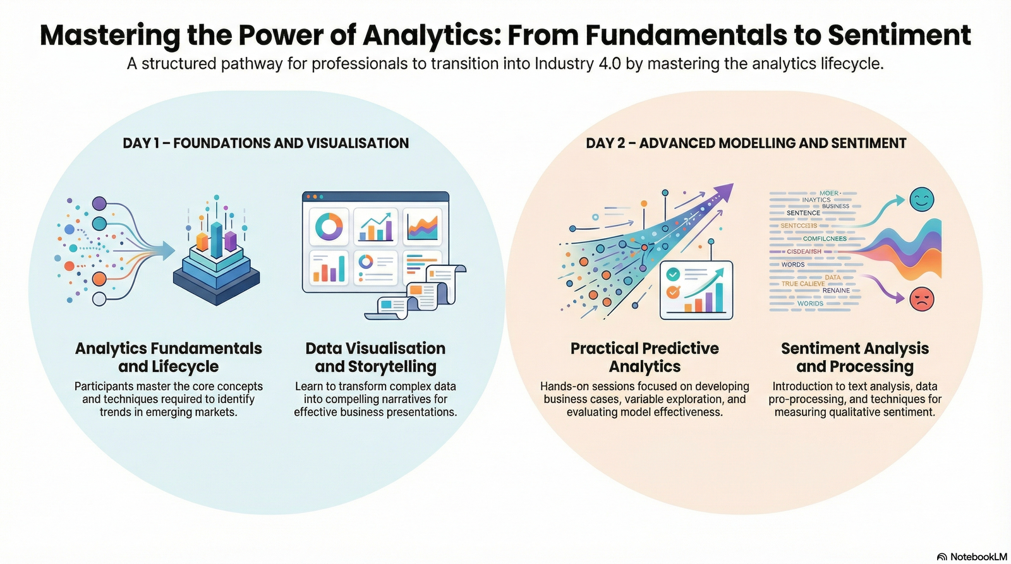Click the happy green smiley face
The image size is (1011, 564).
point(921,200)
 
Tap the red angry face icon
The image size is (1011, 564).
point(921,298)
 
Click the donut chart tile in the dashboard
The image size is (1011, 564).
point(329,226)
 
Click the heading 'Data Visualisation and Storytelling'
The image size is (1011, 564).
point(375,357)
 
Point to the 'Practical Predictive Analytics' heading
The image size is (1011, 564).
point(645,357)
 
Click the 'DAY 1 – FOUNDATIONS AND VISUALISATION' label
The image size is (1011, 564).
point(265,143)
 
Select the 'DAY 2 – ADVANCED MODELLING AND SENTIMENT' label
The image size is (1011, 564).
point(746,143)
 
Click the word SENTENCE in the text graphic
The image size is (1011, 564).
point(803,213)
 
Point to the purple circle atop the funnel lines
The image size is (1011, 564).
point(99,203)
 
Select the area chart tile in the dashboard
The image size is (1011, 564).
point(423,226)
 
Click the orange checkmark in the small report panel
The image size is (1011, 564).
point(673,292)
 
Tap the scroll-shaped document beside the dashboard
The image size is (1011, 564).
point(436,287)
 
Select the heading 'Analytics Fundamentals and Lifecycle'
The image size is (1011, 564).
point(168,357)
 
